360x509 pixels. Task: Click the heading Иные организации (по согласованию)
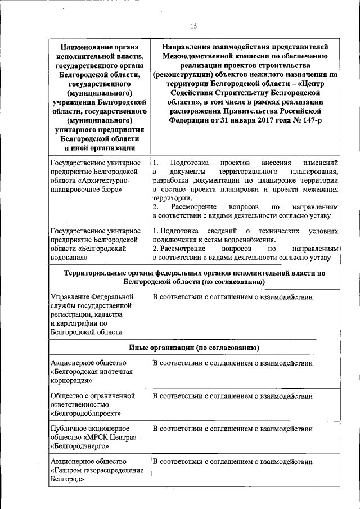coord(193,347)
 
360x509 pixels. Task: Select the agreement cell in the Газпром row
coord(232,462)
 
